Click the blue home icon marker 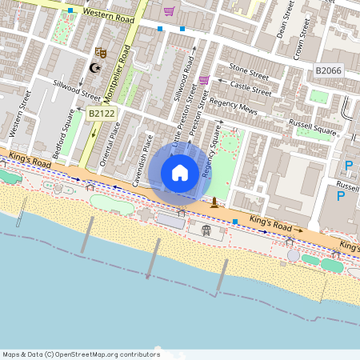pos(180,173)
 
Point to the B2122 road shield pos(102,114)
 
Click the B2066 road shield pos(328,71)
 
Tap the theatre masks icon pos(101,53)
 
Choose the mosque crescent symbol pos(97,67)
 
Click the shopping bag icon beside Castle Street pos(204,80)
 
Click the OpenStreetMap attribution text pos(81,354)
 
